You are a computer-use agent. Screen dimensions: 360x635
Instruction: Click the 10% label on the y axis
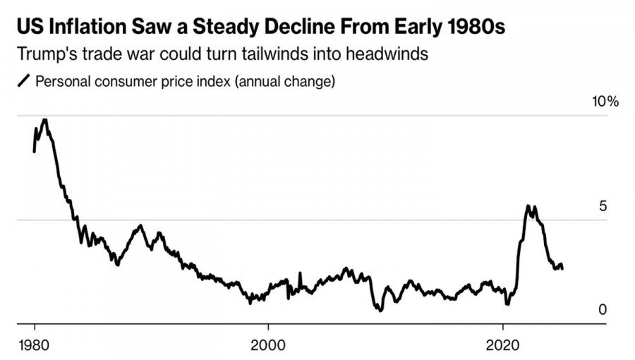point(605,102)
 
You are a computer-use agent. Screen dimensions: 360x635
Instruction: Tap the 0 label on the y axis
point(603,310)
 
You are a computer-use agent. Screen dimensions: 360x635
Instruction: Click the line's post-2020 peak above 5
point(528,205)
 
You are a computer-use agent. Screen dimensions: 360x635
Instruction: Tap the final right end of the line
point(562,268)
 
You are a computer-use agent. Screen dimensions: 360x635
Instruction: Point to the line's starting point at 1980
point(34,150)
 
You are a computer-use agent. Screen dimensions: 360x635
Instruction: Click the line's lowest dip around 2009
point(380,310)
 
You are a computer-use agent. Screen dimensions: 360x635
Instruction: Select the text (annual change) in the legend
point(284,81)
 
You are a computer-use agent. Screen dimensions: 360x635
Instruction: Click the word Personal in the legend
point(60,81)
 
